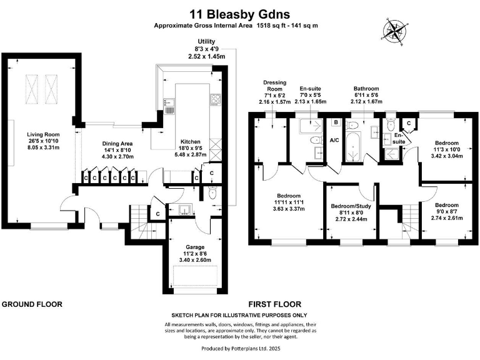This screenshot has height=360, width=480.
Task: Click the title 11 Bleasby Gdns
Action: pos(240,13)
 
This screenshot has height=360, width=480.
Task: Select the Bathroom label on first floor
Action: pos(366,89)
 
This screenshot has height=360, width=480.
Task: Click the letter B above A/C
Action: pos(336,122)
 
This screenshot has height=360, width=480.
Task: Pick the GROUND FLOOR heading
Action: pos(32,304)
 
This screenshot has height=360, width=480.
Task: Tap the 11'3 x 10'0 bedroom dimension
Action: pos(447,149)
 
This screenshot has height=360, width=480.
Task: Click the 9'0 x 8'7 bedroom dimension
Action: pos(447,211)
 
